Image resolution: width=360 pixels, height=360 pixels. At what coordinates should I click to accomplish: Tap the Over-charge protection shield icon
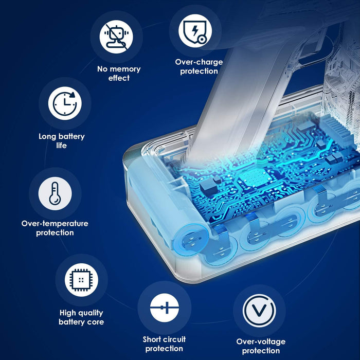[x=195, y=30]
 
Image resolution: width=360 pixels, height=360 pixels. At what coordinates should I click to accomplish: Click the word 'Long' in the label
[x=48, y=137]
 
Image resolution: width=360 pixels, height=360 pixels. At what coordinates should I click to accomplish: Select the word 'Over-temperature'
[x=55, y=223]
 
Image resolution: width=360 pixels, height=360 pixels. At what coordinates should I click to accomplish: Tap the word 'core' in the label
[x=95, y=322]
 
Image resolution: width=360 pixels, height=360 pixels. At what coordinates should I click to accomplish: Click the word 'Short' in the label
[x=154, y=339]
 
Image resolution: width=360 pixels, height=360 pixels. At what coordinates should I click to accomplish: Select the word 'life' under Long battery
[x=62, y=146]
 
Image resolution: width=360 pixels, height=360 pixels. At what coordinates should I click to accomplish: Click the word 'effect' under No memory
[x=119, y=78]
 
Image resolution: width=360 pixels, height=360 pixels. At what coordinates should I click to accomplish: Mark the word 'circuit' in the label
[x=175, y=339]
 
